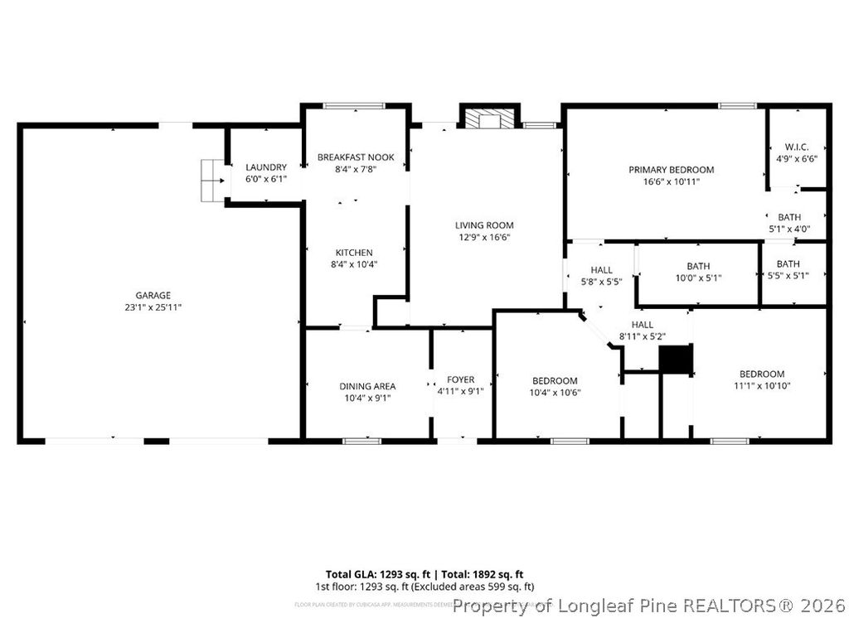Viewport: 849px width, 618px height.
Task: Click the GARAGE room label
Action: pyautogui.click(x=153, y=295)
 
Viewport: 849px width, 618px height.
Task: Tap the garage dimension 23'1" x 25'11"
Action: pyautogui.click(x=153, y=307)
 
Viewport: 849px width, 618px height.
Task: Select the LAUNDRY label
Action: pyautogui.click(x=266, y=167)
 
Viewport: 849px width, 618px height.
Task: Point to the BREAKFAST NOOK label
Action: pyautogui.click(x=356, y=157)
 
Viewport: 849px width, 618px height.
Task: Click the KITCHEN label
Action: pyautogui.click(x=354, y=253)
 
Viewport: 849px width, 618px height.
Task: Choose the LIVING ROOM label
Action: pyautogui.click(x=484, y=225)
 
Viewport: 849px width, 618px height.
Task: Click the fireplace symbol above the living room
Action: pyautogui.click(x=489, y=119)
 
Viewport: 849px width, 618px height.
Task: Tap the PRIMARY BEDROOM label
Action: pyautogui.click(x=671, y=170)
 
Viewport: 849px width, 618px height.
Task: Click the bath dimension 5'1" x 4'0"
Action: pyautogui.click(x=788, y=229)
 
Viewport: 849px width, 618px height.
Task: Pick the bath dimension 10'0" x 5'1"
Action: pyautogui.click(x=698, y=278)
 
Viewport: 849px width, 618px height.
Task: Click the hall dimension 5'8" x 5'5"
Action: pyautogui.click(x=602, y=282)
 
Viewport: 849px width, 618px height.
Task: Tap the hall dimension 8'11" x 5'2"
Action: pyautogui.click(x=643, y=336)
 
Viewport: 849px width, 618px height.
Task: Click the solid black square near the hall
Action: pyautogui.click(x=675, y=360)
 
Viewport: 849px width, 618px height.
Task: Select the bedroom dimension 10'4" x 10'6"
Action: pyautogui.click(x=555, y=393)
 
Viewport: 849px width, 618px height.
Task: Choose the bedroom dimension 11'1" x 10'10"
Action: pyautogui.click(x=762, y=385)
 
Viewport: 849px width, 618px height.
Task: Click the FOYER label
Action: pyautogui.click(x=461, y=379)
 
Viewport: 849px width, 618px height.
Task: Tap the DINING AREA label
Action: pyautogui.click(x=367, y=386)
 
